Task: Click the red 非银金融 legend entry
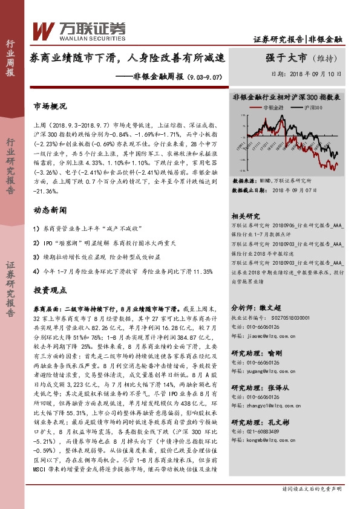[268, 107]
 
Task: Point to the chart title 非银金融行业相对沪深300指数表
[287, 97]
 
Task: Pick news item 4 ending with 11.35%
[123, 271]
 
